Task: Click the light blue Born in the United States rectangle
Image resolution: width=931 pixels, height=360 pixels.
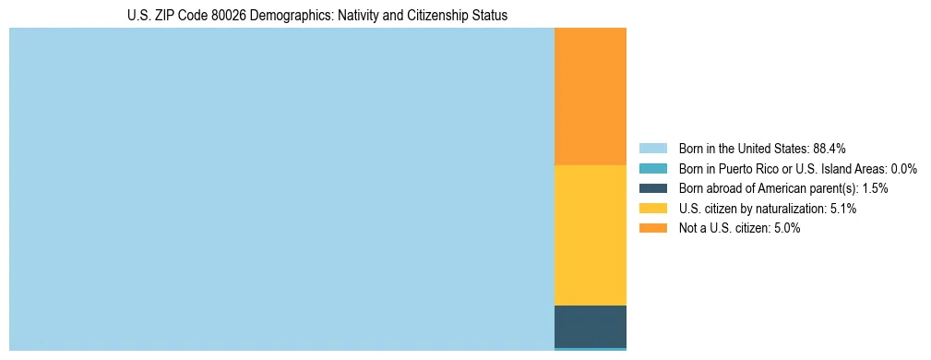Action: tap(281, 189)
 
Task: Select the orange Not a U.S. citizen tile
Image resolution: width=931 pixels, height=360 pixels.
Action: tap(591, 97)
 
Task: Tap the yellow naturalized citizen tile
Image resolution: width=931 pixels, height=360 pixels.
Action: tap(591, 235)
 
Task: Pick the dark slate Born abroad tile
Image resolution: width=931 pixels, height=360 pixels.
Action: tap(591, 326)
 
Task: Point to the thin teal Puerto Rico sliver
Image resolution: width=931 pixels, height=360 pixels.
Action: tap(591, 349)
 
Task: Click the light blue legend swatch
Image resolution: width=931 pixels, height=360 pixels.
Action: tap(652, 149)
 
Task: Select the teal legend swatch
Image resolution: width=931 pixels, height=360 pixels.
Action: tap(652, 169)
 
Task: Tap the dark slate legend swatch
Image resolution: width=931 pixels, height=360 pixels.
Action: tap(652, 188)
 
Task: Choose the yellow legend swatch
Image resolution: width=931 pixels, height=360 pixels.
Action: tap(652, 209)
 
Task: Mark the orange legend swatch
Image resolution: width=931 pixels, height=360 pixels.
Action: tap(652, 228)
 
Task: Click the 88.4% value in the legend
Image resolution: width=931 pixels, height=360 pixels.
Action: tap(830, 149)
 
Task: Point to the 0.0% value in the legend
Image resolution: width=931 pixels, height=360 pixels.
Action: tap(903, 169)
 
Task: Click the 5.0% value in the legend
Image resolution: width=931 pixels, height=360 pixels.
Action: tap(787, 228)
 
